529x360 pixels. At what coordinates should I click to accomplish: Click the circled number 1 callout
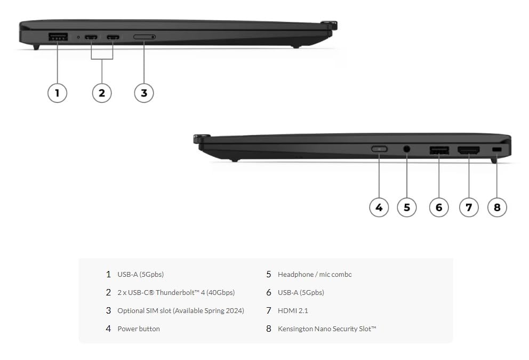coord(58,93)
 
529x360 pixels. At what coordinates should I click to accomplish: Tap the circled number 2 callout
coord(102,93)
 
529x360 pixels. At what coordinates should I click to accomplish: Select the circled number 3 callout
coord(143,93)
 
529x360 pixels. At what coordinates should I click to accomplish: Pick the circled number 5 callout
coord(406,207)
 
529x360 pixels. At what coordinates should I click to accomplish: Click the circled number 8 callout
coord(497,207)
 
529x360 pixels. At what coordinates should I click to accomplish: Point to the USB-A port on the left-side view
coord(58,37)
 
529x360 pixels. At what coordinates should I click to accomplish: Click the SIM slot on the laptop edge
coord(144,37)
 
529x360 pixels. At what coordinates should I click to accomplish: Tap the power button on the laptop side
coord(379,149)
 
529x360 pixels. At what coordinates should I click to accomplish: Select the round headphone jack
coord(407,149)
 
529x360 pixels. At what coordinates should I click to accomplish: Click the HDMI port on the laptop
coord(468,150)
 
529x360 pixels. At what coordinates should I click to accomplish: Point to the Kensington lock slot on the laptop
coord(497,149)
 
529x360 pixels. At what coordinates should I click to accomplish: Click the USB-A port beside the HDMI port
coord(439,150)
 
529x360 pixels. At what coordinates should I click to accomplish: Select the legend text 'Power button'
coord(139,329)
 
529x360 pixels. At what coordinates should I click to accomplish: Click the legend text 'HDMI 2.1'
coord(293,310)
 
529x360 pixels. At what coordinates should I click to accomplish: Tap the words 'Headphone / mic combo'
coord(315,274)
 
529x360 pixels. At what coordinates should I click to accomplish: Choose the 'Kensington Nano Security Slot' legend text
coord(326,329)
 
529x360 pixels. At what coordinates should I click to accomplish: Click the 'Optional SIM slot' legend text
coord(181,310)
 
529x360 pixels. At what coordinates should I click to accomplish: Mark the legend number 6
coord(269,292)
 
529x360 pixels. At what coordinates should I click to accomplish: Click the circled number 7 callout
coord(468,207)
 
